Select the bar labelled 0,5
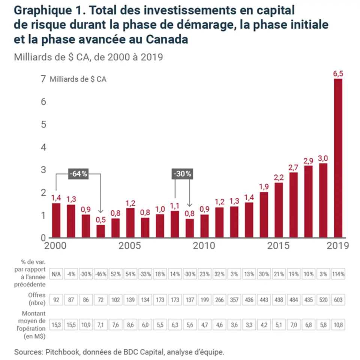(100, 231)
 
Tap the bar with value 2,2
(279, 210)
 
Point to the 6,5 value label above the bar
(338, 74)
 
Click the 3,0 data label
(323, 157)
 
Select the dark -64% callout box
(78, 174)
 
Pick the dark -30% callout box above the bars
(182, 174)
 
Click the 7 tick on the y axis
(43, 79)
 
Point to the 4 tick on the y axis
(43, 147)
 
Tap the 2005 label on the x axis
(130, 246)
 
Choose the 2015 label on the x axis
(278, 246)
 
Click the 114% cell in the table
(338, 274)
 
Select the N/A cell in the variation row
(56, 274)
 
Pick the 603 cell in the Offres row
(338, 300)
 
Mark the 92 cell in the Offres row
(56, 300)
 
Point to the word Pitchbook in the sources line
(58, 352)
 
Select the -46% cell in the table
(100, 274)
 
